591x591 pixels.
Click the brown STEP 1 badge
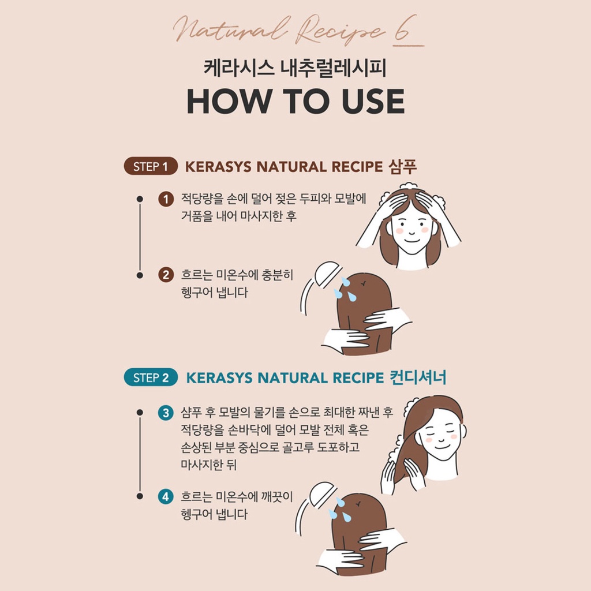151,166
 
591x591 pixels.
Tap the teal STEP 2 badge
151,377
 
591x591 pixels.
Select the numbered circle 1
166,199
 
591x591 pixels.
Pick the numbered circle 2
166,275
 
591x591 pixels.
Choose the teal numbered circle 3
166,413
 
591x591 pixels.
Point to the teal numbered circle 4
166,497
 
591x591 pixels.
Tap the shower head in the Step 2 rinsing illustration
323,494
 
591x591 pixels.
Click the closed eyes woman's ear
463,431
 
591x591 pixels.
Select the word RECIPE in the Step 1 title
357,167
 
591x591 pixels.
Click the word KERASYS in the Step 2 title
219,377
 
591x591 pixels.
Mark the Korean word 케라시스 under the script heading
239,69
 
